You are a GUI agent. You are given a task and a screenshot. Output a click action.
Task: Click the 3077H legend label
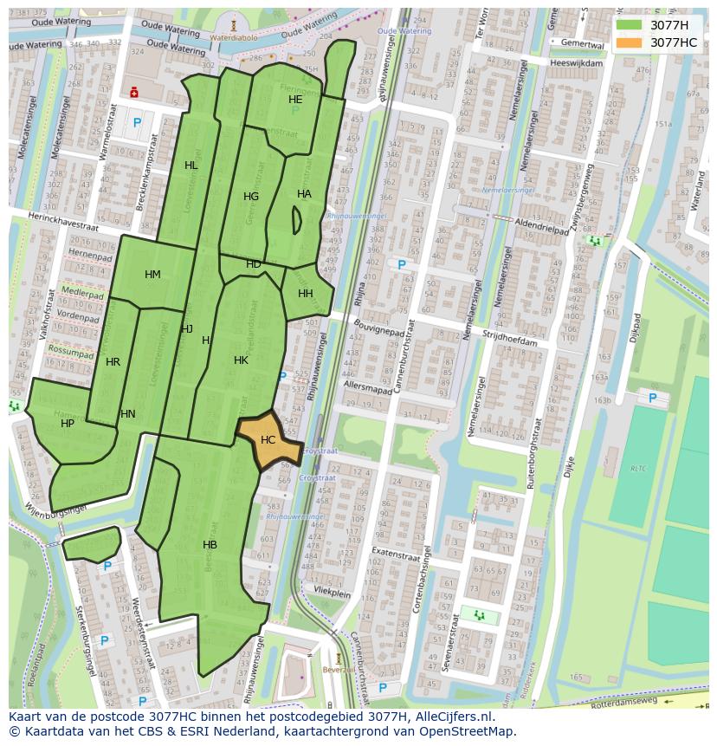click(x=669, y=24)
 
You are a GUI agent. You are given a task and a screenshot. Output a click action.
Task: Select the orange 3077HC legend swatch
click(x=629, y=42)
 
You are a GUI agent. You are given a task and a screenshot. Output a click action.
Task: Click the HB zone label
click(x=210, y=545)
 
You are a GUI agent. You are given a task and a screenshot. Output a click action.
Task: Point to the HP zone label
click(x=68, y=424)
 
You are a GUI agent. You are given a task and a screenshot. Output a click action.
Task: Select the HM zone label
click(x=152, y=275)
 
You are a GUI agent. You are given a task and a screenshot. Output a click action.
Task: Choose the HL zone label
click(x=191, y=165)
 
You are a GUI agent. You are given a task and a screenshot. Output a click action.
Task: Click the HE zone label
click(x=295, y=100)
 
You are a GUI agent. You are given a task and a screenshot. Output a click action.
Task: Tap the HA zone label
click(x=304, y=194)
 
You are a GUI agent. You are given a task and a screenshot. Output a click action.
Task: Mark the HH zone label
click(x=305, y=294)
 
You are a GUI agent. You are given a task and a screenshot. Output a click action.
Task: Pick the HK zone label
click(x=241, y=360)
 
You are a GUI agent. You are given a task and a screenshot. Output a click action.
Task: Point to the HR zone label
click(x=113, y=362)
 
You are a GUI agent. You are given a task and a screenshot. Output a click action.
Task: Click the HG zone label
click(x=251, y=197)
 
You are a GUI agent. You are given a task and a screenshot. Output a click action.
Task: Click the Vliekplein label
click(x=332, y=595)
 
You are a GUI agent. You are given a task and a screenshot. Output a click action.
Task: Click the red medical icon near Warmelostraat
click(x=133, y=93)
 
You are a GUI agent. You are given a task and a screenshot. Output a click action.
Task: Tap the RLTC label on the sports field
click(x=638, y=469)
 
